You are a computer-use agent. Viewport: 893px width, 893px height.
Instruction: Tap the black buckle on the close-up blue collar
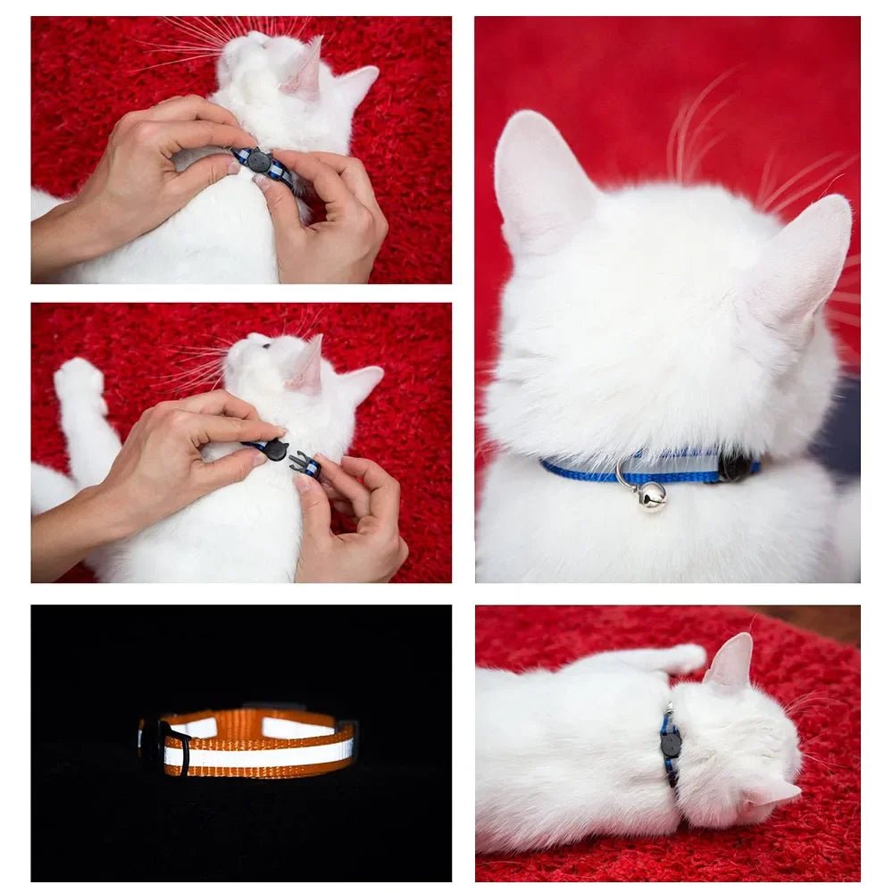click(736, 466)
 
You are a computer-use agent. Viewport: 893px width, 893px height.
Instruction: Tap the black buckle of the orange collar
click(174, 743)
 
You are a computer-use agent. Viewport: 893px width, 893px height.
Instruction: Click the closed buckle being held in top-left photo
click(259, 161)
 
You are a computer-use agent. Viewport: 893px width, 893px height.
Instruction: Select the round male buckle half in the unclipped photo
click(274, 449)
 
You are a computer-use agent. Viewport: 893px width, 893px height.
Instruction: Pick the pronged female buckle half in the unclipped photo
click(305, 463)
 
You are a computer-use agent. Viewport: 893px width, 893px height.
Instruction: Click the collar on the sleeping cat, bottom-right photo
click(670, 745)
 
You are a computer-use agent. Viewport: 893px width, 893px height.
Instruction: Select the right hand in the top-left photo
click(330, 214)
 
